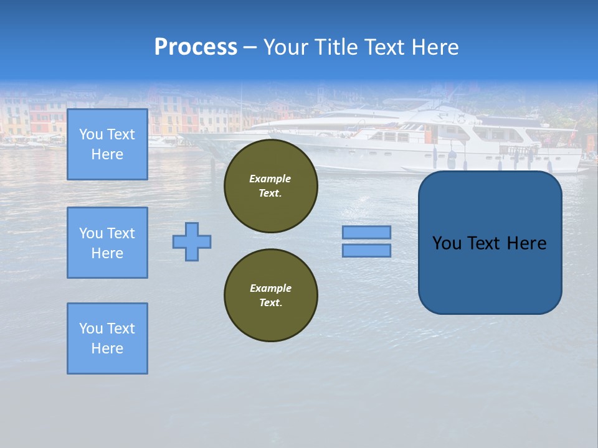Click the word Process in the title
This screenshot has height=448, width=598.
(196, 47)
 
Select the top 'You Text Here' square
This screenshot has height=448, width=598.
(107, 144)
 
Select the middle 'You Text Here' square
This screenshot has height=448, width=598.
(107, 243)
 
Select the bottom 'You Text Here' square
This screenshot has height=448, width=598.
(107, 338)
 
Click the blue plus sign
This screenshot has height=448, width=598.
(192, 241)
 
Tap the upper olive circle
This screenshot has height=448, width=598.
(270, 186)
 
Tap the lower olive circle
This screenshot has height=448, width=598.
(270, 296)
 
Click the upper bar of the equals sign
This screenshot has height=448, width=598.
(366, 232)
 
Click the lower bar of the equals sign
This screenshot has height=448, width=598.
(366, 250)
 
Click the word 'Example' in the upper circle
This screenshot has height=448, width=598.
(270, 179)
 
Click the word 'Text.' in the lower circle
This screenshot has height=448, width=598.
(270, 303)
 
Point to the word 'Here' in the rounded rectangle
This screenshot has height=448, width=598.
(526, 243)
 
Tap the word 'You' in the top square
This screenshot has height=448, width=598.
(91, 134)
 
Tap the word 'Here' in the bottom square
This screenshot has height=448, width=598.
(107, 348)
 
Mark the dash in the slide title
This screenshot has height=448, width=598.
(250, 47)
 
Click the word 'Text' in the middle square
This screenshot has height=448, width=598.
(121, 233)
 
